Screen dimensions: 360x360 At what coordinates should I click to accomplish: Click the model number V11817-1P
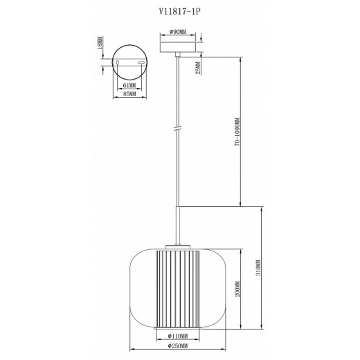coord(180,11)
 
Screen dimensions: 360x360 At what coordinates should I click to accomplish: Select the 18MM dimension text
coord(100,45)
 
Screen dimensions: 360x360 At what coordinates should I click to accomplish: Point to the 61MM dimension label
coord(128,84)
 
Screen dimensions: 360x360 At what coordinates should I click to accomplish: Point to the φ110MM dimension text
coord(179,339)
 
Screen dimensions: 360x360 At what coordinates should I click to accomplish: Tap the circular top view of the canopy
coord(128,62)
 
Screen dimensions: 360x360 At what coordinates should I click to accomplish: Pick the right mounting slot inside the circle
coord(141,63)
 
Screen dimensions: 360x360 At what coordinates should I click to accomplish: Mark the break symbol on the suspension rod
coord(179,129)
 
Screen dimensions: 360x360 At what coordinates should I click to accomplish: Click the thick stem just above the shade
coord(179,224)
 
